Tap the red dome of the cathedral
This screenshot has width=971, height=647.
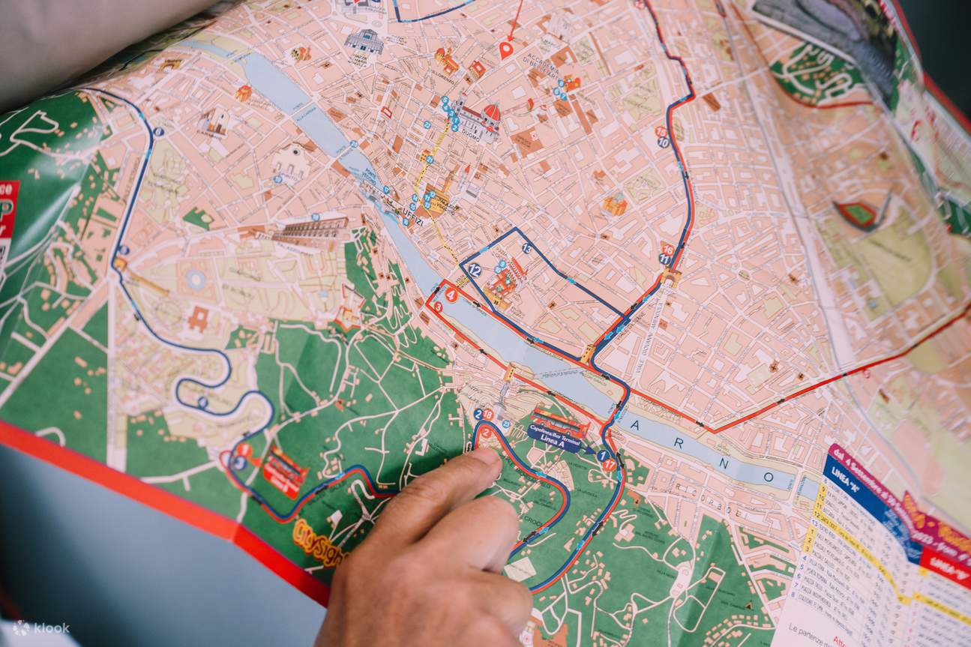[x=491, y=112]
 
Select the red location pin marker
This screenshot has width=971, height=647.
[x=505, y=50]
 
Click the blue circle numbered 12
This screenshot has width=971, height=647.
[x=474, y=271]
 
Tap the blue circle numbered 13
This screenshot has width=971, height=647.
[x=527, y=249]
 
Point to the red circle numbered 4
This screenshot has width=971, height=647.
[x=451, y=295]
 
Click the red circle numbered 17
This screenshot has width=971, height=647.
[x=610, y=465]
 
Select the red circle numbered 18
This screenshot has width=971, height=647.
[x=488, y=414]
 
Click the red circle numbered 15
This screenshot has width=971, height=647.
[x=661, y=131]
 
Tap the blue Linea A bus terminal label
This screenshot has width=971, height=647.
[x=555, y=438]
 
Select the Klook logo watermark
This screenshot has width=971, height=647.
[x=40, y=628]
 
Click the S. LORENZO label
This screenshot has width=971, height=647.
[x=442, y=76]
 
